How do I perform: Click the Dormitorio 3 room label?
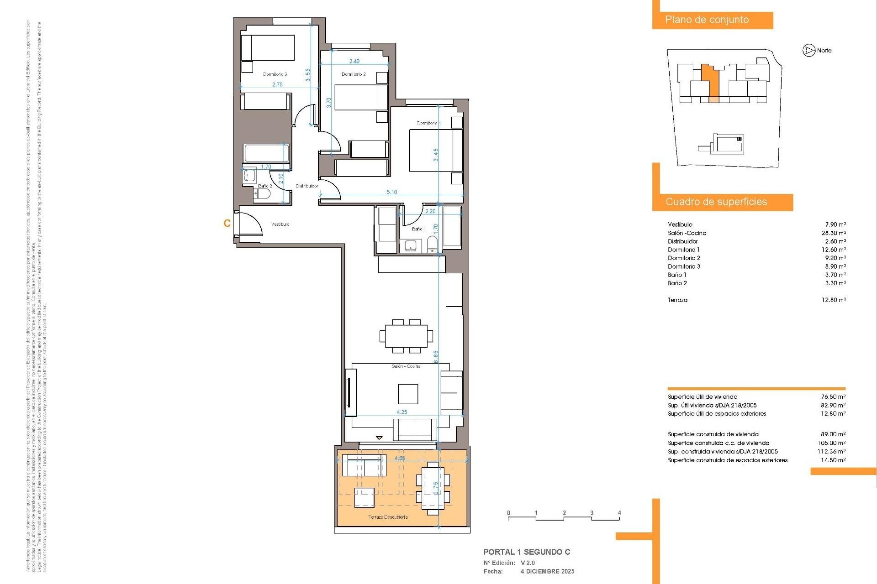pyautogui.click(x=275, y=74)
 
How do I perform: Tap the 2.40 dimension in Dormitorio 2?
pyautogui.click(x=354, y=61)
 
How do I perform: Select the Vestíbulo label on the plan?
pyautogui.click(x=280, y=224)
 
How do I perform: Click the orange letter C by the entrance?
pyautogui.click(x=227, y=223)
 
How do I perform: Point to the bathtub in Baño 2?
pyautogui.click(x=265, y=153)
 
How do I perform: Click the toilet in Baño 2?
pyautogui.click(x=262, y=194)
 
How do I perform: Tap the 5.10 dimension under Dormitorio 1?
pyautogui.click(x=391, y=192)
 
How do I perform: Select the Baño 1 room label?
pyautogui.click(x=418, y=229)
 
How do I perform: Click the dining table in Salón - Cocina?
pyautogui.click(x=406, y=336)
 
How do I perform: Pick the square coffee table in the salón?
pyautogui.click(x=407, y=394)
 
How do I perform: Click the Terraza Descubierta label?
pyautogui.click(x=388, y=517)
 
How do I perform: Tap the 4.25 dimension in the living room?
pyautogui.click(x=402, y=412)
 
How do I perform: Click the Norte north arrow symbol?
pyautogui.click(x=809, y=51)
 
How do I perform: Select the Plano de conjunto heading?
pyautogui.click(x=707, y=20)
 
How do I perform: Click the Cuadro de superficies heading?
pyautogui.click(x=716, y=202)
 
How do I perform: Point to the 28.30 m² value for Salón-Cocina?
pyautogui.click(x=834, y=233)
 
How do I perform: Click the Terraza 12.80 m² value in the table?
pyautogui.click(x=834, y=300)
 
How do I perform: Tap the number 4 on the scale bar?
pyautogui.click(x=619, y=513)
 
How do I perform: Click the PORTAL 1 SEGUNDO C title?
pyautogui.click(x=527, y=552)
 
